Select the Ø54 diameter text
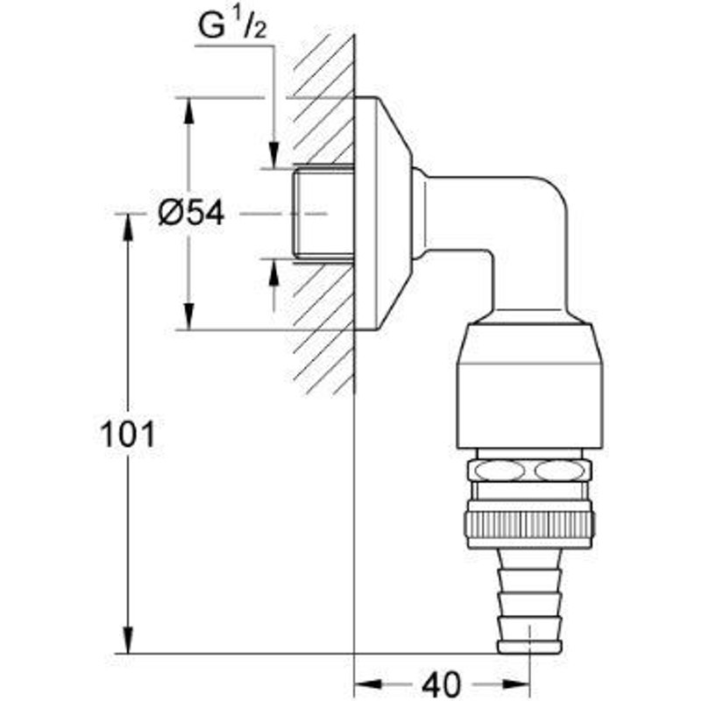click(192, 213)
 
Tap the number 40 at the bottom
click(442, 683)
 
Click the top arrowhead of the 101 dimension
click(129, 227)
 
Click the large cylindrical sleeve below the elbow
click(530, 386)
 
